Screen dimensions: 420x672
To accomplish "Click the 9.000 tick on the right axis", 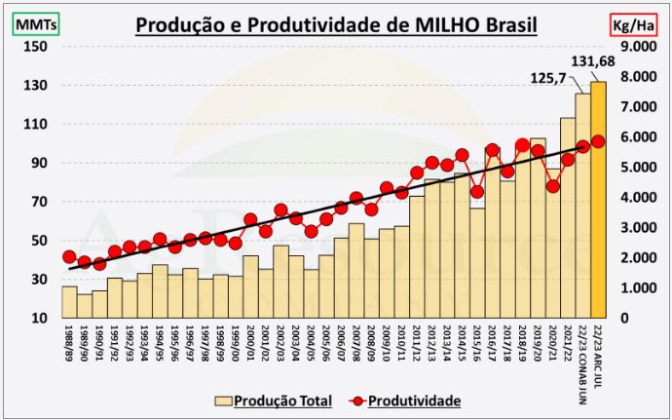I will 642,46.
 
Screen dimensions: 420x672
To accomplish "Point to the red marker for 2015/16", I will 476,192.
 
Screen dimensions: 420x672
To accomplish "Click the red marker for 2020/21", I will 552,186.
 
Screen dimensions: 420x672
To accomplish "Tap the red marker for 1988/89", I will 69,257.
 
